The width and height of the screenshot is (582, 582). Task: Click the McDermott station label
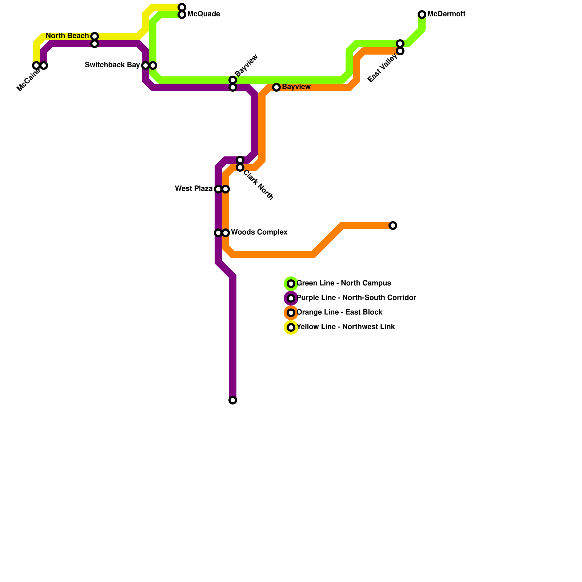coord(446,14)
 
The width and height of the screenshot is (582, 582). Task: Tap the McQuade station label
coord(203,14)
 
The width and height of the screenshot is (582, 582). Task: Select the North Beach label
coord(67,36)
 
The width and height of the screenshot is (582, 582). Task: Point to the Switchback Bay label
coord(112,65)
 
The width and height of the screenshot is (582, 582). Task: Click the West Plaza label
coord(194,189)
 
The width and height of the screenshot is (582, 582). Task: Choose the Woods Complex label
coord(259,232)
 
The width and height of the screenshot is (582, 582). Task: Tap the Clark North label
coord(258,185)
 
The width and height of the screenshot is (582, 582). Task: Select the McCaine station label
coord(28,80)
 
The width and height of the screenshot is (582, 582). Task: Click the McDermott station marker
coord(422,15)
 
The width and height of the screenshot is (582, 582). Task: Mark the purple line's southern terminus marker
coord(233,400)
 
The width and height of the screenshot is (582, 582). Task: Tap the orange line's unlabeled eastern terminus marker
coord(393,226)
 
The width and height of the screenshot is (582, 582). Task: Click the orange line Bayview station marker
coord(276,87)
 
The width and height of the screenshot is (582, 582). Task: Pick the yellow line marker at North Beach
coord(95,36)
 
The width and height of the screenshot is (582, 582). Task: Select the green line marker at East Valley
coord(400,44)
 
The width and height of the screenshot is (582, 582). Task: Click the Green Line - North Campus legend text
coord(344,283)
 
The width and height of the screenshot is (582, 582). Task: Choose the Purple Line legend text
coord(356,298)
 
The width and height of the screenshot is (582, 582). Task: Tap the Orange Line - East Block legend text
coord(339,312)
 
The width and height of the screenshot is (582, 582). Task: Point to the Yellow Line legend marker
coord(291,327)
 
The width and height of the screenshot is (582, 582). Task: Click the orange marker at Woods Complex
coord(226,233)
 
